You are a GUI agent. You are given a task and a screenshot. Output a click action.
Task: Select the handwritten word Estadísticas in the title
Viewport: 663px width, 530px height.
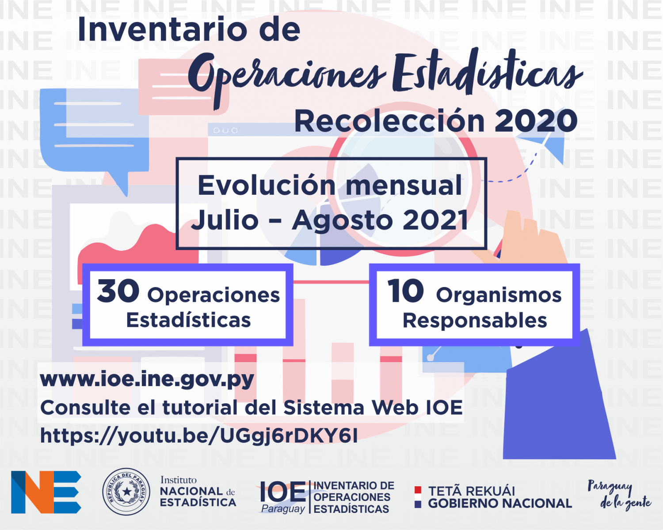[x=487, y=72]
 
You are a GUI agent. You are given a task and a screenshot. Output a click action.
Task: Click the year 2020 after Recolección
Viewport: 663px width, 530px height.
[x=536, y=121]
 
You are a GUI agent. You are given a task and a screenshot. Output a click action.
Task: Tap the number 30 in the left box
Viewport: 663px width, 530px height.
[x=118, y=291]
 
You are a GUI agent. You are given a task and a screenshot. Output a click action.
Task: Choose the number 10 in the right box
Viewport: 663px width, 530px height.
[x=405, y=291]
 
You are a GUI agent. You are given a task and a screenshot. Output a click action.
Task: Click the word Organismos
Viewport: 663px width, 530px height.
[x=499, y=296]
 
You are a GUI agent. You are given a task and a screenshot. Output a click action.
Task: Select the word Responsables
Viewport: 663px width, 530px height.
[x=475, y=321]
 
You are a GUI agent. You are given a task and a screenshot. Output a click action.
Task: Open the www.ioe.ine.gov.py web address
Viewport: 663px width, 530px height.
[x=147, y=380]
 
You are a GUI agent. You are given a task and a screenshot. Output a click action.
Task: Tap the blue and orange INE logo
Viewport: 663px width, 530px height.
[x=46, y=492]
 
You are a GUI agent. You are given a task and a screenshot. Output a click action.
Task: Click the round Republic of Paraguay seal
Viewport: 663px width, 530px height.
[x=126, y=492]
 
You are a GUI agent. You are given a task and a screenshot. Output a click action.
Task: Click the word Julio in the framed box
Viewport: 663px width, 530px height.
[x=225, y=220]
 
